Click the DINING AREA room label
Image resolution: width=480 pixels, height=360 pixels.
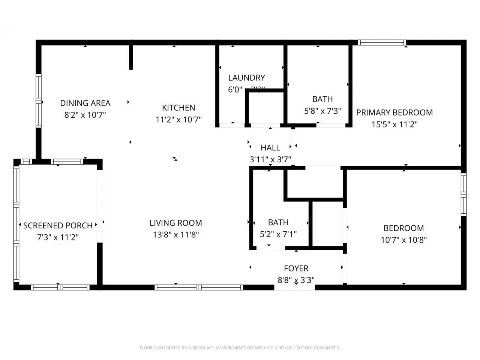[x=85, y=103]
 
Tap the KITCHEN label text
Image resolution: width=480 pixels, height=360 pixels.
[x=178, y=108]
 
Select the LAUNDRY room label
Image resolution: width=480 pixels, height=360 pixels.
[x=246, y=78]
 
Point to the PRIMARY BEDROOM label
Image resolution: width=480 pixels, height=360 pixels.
[x=394, y=112]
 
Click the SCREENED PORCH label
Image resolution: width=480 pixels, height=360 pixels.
[x=58, y=225]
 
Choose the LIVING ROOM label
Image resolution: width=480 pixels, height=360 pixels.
[x=175, y=223]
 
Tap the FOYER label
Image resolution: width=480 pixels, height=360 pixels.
[x=296, y=268]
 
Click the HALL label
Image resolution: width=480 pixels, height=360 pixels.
[x=270, y=148]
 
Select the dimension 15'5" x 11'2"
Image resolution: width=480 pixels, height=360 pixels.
[x=394, y=124]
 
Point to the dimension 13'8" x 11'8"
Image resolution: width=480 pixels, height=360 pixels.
[x=175, y=235]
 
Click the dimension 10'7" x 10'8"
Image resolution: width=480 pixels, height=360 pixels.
[x=403, y=240]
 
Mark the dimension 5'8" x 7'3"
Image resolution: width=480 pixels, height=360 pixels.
[x=322, y=111]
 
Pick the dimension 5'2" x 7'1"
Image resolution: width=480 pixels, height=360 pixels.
[x=278, y=234]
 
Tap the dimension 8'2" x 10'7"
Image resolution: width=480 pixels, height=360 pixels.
[x=85, y=115]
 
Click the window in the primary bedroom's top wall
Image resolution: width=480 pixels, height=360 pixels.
[x=382, y=42]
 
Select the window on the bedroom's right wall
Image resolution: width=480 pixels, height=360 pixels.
[x=463, y=194]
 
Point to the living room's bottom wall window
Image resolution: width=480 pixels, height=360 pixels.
[x=199, y=287]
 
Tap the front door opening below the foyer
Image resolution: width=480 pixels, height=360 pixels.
[x=295, y=287]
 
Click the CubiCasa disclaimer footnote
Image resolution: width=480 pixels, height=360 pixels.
[x=240, y=348]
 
